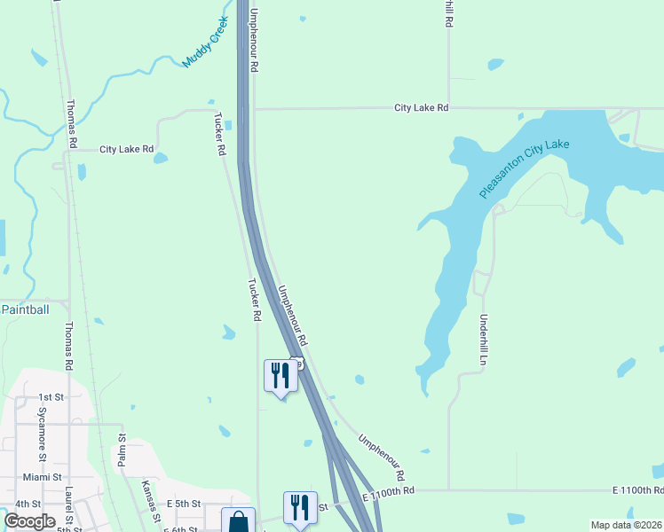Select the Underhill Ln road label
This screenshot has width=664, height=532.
pyautogui.click(x=484, y=341)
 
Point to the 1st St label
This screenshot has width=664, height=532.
pyautogui.click(x=51, y=398)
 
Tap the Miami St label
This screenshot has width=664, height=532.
pyautogui.click(x=43, y=477)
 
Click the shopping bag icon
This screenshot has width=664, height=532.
pyautogui.click(x=239, y=522)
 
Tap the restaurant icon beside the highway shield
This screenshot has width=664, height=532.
pyautogui.click(x=281, y=376)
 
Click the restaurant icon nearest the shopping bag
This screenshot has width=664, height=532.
pyautogui.click(x=300, y=507)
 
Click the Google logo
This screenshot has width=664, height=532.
pyautogui.click(x=29, y=521)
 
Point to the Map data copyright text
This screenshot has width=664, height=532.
pyautogui.click(x=626, y=525)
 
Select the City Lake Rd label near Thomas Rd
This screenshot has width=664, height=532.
pyautogui.click(x=127, y=150)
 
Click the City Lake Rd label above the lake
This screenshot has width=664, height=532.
pyautogui.click(x=422, y=107)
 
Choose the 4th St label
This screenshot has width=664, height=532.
pyautogui.click(x=24, y=505)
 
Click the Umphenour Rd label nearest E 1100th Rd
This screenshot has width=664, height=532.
pyautogui.click(x=382, y=458)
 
